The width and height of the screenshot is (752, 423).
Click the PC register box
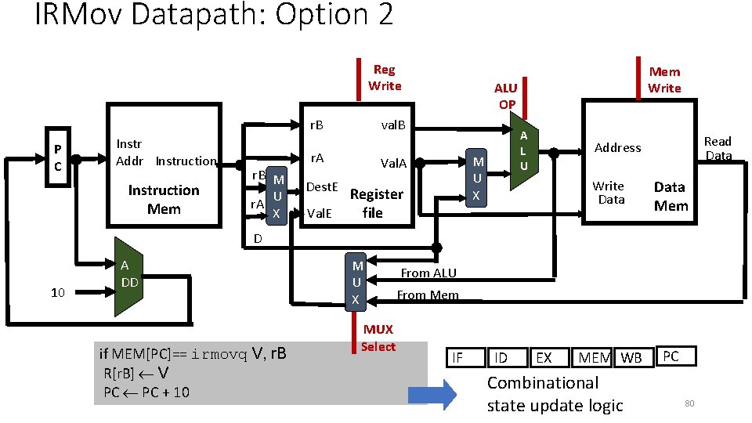(x=58, y=159)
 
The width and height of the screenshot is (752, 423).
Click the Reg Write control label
(x=384, y=78)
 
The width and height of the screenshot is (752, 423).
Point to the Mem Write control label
(x=664, y=80)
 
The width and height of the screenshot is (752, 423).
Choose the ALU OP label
(x=506, y=96)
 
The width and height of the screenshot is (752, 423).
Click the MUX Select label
(x=378, y=338)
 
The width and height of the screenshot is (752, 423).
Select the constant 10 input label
(x=57, y=293)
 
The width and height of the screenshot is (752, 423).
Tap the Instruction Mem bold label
(x=164, y=200)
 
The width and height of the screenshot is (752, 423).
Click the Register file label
(x=376, y=203)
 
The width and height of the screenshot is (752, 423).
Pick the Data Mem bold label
(x=671, y=196)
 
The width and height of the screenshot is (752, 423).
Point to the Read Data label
(x=718, y=148)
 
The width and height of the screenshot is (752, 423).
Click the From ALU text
(x=428, y=273)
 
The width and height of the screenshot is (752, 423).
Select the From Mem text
(x=427, y=295)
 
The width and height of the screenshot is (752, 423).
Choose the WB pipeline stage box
(x=631, y=358)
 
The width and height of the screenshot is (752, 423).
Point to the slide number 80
(x=689, y=403)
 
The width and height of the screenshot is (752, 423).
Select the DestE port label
(x=321, y=187)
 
